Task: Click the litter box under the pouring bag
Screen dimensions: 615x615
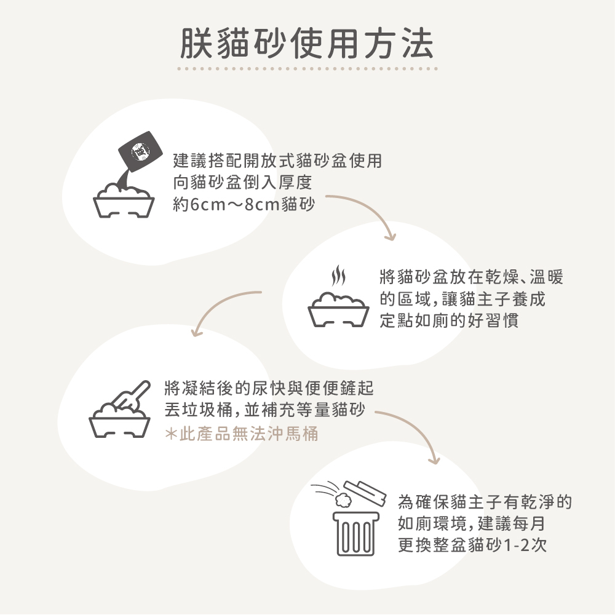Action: (x=124, y=202)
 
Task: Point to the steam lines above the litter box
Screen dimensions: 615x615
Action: (x=339, y=277)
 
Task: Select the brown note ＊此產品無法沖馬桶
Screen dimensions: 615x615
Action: (x=242, y=434)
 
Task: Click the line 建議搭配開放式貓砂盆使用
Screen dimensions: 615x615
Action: (x=277, y=161)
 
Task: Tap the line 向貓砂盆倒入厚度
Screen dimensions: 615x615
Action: (x=243, y=183)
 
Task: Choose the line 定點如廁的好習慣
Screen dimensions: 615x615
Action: (x=449, y=321)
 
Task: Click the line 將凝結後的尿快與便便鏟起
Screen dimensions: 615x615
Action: (x=269, y=389)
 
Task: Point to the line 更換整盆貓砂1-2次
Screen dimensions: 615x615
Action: (x=472, y=545)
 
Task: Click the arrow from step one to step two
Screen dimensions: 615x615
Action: (x=369, y=212)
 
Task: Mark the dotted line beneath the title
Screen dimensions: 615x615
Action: (x=307, y=69)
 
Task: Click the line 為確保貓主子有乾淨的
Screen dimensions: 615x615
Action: (x=485, y=503)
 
